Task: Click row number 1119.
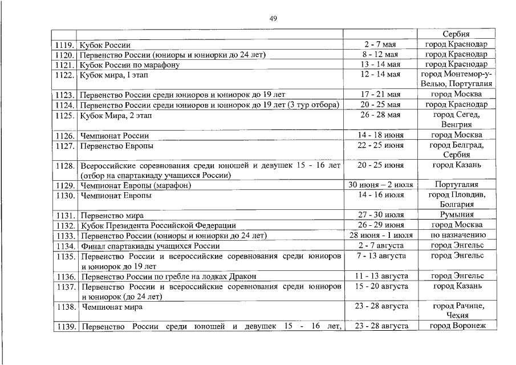pos(64,44)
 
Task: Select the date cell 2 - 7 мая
pos(381,44)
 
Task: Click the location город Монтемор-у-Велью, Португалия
pos(456,79)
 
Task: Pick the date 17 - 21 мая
pos(381,94)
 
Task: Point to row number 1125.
pos(65,115)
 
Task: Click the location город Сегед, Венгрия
pos(456,120)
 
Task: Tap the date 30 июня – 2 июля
pos(381,185)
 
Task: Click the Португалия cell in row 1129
pos(456,185)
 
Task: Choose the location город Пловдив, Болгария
pos(456,200)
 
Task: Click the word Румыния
pos(456,215)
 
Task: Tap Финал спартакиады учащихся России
pos(150,246)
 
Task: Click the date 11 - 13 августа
pos(381,276)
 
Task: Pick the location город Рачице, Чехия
pos(456,311)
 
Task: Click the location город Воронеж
pos(456,326)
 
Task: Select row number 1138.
pos(65,307)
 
